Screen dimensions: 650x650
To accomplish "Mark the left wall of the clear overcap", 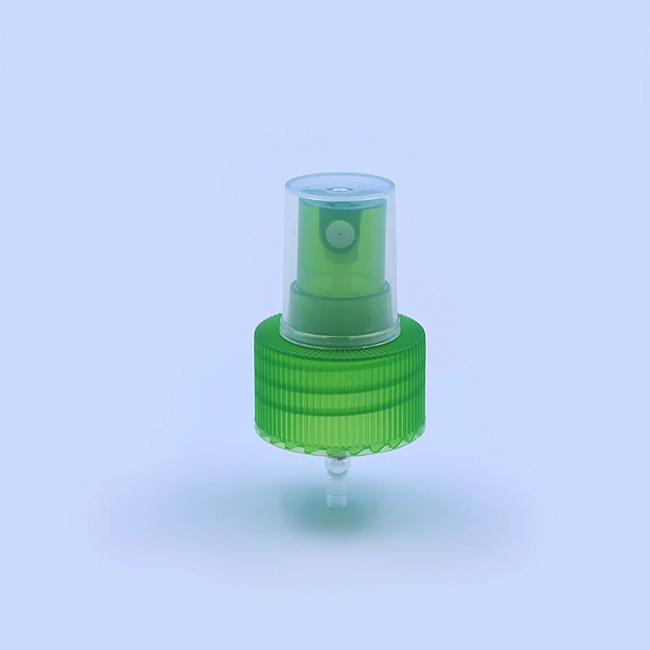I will (288, 252).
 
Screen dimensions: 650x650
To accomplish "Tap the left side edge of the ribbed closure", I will (247, 382).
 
